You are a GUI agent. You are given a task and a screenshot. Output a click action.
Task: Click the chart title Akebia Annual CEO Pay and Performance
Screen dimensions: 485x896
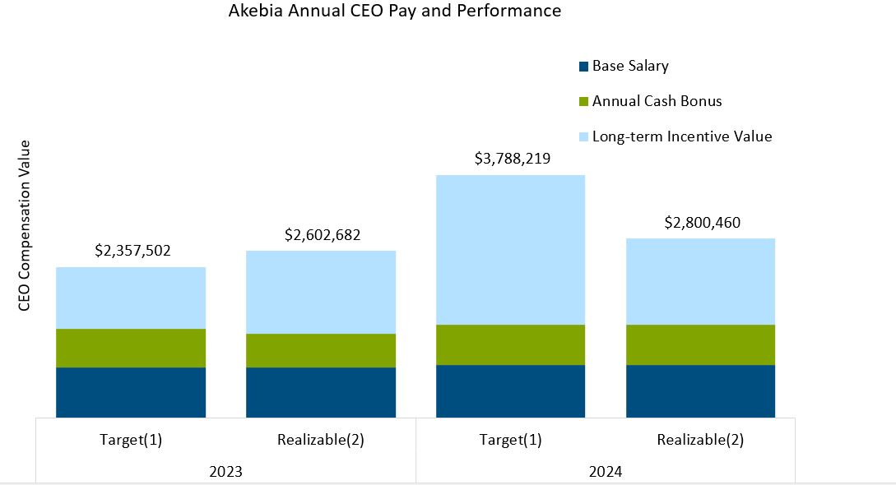[x=395, y=12]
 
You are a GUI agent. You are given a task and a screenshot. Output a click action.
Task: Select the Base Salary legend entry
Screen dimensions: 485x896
[x=630, y=67]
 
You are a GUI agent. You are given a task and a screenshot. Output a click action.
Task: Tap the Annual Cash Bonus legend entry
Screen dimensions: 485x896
[x=657, y=101]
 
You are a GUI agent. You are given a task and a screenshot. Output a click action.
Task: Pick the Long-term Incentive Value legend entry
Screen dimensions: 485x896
[x=682, y=136]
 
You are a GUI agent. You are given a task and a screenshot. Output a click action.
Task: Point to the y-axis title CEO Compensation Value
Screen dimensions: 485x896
[x=24, y=225]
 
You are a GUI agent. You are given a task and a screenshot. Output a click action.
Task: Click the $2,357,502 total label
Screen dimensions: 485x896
[x=132, y=251]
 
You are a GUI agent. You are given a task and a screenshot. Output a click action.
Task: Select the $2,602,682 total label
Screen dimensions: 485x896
[x=323, y=235]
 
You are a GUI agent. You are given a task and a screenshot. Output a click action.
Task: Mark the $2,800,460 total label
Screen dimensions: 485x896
[x=702, y=223]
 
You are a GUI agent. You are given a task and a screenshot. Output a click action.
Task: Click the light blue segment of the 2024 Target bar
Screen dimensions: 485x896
[x=510, y=250]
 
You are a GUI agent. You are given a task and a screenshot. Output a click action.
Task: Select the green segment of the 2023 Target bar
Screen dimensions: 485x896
[x=131, y=348]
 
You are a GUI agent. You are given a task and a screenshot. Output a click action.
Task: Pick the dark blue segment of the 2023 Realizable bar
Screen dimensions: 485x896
[x=321, y=392]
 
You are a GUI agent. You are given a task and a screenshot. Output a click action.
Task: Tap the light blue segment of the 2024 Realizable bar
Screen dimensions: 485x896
[x=700, y=281]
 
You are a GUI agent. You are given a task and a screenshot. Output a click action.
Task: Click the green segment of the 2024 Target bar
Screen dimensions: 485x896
[x=510, y=344]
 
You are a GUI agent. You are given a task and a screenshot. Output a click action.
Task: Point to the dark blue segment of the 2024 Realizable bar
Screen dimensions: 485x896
[x=700, y=391]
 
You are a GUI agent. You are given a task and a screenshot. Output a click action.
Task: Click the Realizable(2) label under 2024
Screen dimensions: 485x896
[x=700, y=440]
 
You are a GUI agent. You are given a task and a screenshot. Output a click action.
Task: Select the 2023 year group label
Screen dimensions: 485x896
[x=225, y=472]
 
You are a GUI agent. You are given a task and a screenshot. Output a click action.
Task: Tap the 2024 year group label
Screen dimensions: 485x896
[x=606, y=472]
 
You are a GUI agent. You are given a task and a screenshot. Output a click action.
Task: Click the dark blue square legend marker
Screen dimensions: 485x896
[x=584, y=67]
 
